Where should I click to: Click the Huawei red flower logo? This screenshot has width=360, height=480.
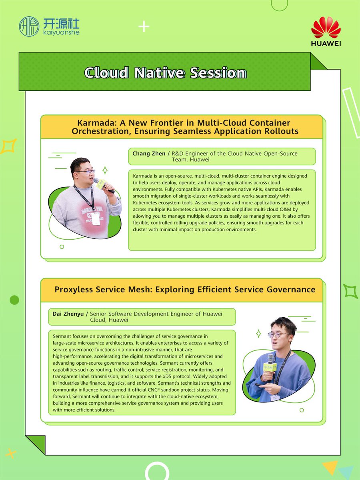point(326,28)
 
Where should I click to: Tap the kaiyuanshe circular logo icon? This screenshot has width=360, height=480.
point(29,26)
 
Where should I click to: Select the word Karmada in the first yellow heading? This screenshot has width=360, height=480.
point(93,123)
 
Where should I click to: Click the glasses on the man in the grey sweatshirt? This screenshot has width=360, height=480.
point(84,172)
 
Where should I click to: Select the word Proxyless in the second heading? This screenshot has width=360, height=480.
point(74,290)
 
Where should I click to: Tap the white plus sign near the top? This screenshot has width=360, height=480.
point(144,27)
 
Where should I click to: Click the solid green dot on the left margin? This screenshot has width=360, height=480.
point(14,300)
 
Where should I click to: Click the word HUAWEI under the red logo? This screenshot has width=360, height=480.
point(326,43)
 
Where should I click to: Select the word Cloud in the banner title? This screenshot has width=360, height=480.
point(106,73)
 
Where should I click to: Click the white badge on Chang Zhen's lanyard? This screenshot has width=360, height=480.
point(96,218)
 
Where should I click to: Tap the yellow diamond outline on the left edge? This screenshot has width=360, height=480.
point(8,146)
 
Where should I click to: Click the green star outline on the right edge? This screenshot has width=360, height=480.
point(351,291)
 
